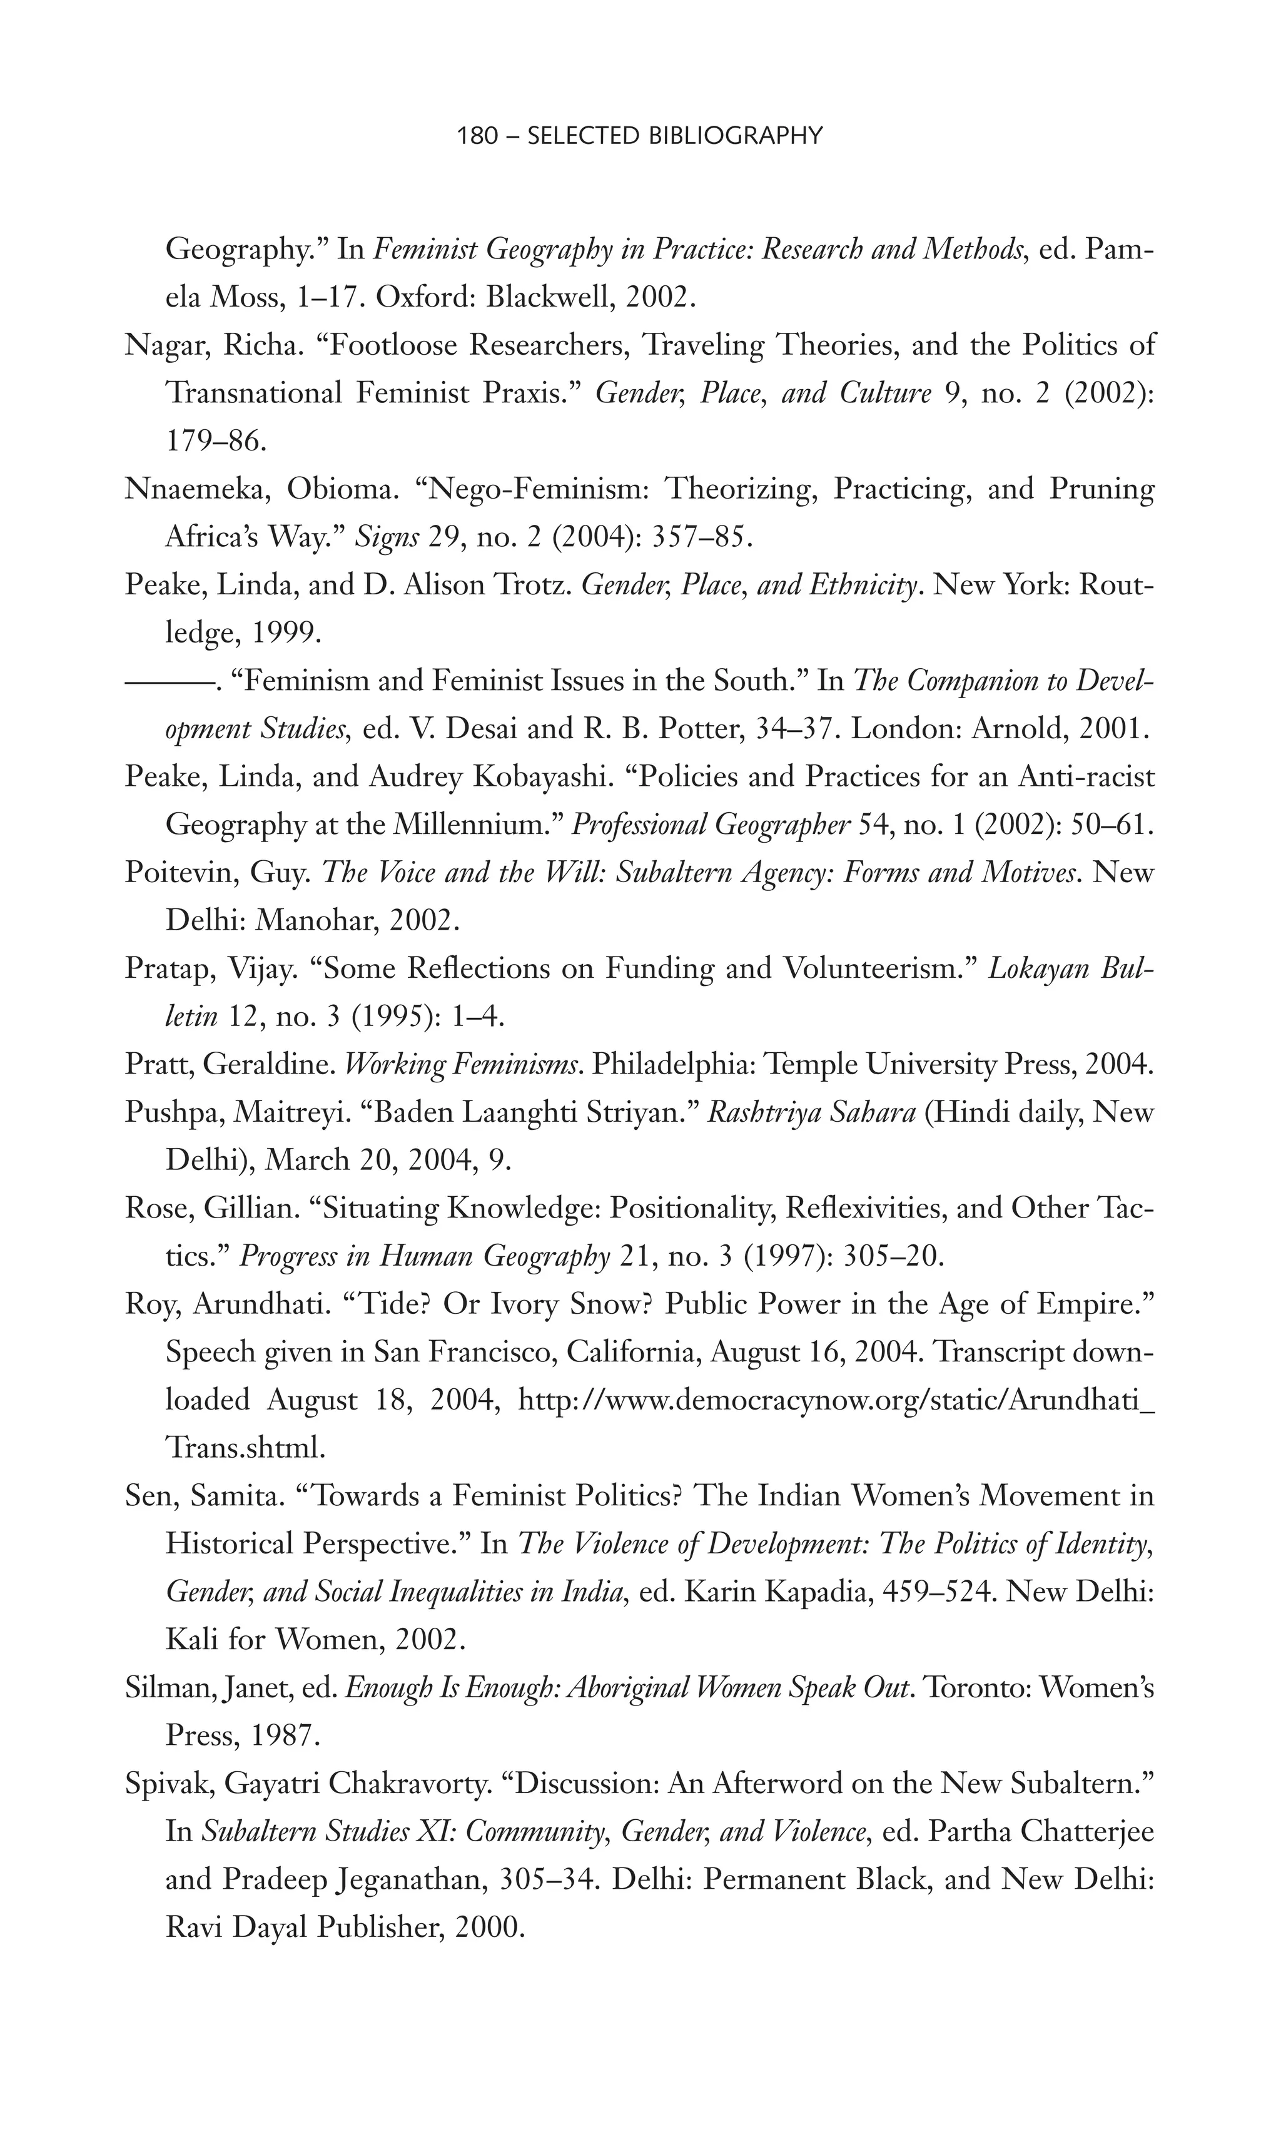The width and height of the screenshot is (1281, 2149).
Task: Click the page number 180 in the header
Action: pyautogui.click(x=477, y=136)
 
